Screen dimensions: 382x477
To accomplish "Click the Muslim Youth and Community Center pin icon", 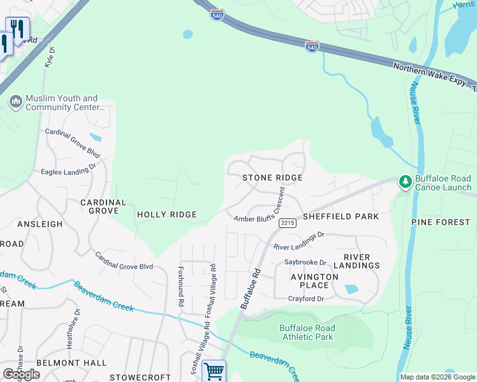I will point(15,101).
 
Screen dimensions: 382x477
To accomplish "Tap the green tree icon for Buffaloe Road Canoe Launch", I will point(405,182).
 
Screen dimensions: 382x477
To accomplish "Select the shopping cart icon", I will point(214,371).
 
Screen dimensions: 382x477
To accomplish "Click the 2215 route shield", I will point(287,222).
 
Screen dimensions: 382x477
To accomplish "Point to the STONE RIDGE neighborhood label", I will point(272,178).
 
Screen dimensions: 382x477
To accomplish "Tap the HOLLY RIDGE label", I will point(166,215).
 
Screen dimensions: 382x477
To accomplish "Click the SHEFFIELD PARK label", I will point(341,216).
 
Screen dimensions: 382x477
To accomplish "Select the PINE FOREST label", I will point(440,222).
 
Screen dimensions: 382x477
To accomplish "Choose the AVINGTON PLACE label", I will point(314,281).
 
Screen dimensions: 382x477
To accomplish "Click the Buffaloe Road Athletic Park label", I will point(307,332).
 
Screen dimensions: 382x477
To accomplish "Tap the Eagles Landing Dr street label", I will point(68,169).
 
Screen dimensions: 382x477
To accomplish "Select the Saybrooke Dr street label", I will point(305,262).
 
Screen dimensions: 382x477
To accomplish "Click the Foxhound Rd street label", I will point(180,287).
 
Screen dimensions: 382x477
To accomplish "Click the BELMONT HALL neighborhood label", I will point(62,362).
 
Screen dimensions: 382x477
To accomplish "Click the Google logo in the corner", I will point(21,374).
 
